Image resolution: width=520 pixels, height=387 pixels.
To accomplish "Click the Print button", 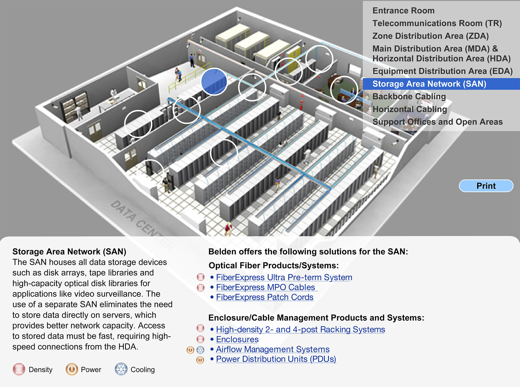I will pos(486,186).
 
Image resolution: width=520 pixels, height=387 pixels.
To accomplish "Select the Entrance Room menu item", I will pos(403,11).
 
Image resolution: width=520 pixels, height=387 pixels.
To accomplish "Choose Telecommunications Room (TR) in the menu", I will pos(437,23).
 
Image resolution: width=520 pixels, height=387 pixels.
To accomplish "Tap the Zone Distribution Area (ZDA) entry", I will pos(430,36).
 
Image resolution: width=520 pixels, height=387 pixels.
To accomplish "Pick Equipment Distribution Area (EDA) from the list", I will pos(442,71).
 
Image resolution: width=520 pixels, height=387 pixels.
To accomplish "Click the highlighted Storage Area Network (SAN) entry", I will pos(429,84).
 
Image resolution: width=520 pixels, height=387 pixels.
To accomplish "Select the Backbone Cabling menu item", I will pos(409,96).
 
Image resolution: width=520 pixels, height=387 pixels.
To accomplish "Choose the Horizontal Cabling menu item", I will pos(409,109).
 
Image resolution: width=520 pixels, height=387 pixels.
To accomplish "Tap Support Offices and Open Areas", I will pos(437,122).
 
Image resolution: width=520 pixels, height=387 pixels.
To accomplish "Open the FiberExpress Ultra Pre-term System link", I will pos(284,277).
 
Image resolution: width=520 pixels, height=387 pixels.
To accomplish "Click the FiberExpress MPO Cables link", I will pos(265,287).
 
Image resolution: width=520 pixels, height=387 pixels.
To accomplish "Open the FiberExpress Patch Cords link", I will pos(265,297).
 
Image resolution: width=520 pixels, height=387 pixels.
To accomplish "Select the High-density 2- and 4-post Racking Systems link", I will pos(300,329).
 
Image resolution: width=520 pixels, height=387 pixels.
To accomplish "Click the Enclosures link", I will pos(237,339).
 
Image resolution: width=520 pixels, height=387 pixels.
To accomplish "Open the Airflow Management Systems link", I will pos(272,349).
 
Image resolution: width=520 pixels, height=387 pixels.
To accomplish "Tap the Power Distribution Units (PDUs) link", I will pos(276,359).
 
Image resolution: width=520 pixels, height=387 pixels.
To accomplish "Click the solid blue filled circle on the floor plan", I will pos(214,82).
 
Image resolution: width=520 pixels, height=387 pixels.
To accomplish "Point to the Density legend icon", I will pos(19,369).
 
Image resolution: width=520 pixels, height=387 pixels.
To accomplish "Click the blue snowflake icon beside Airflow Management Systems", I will pos(200,350).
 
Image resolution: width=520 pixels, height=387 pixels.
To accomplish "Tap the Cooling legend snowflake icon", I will pos(121,369).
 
